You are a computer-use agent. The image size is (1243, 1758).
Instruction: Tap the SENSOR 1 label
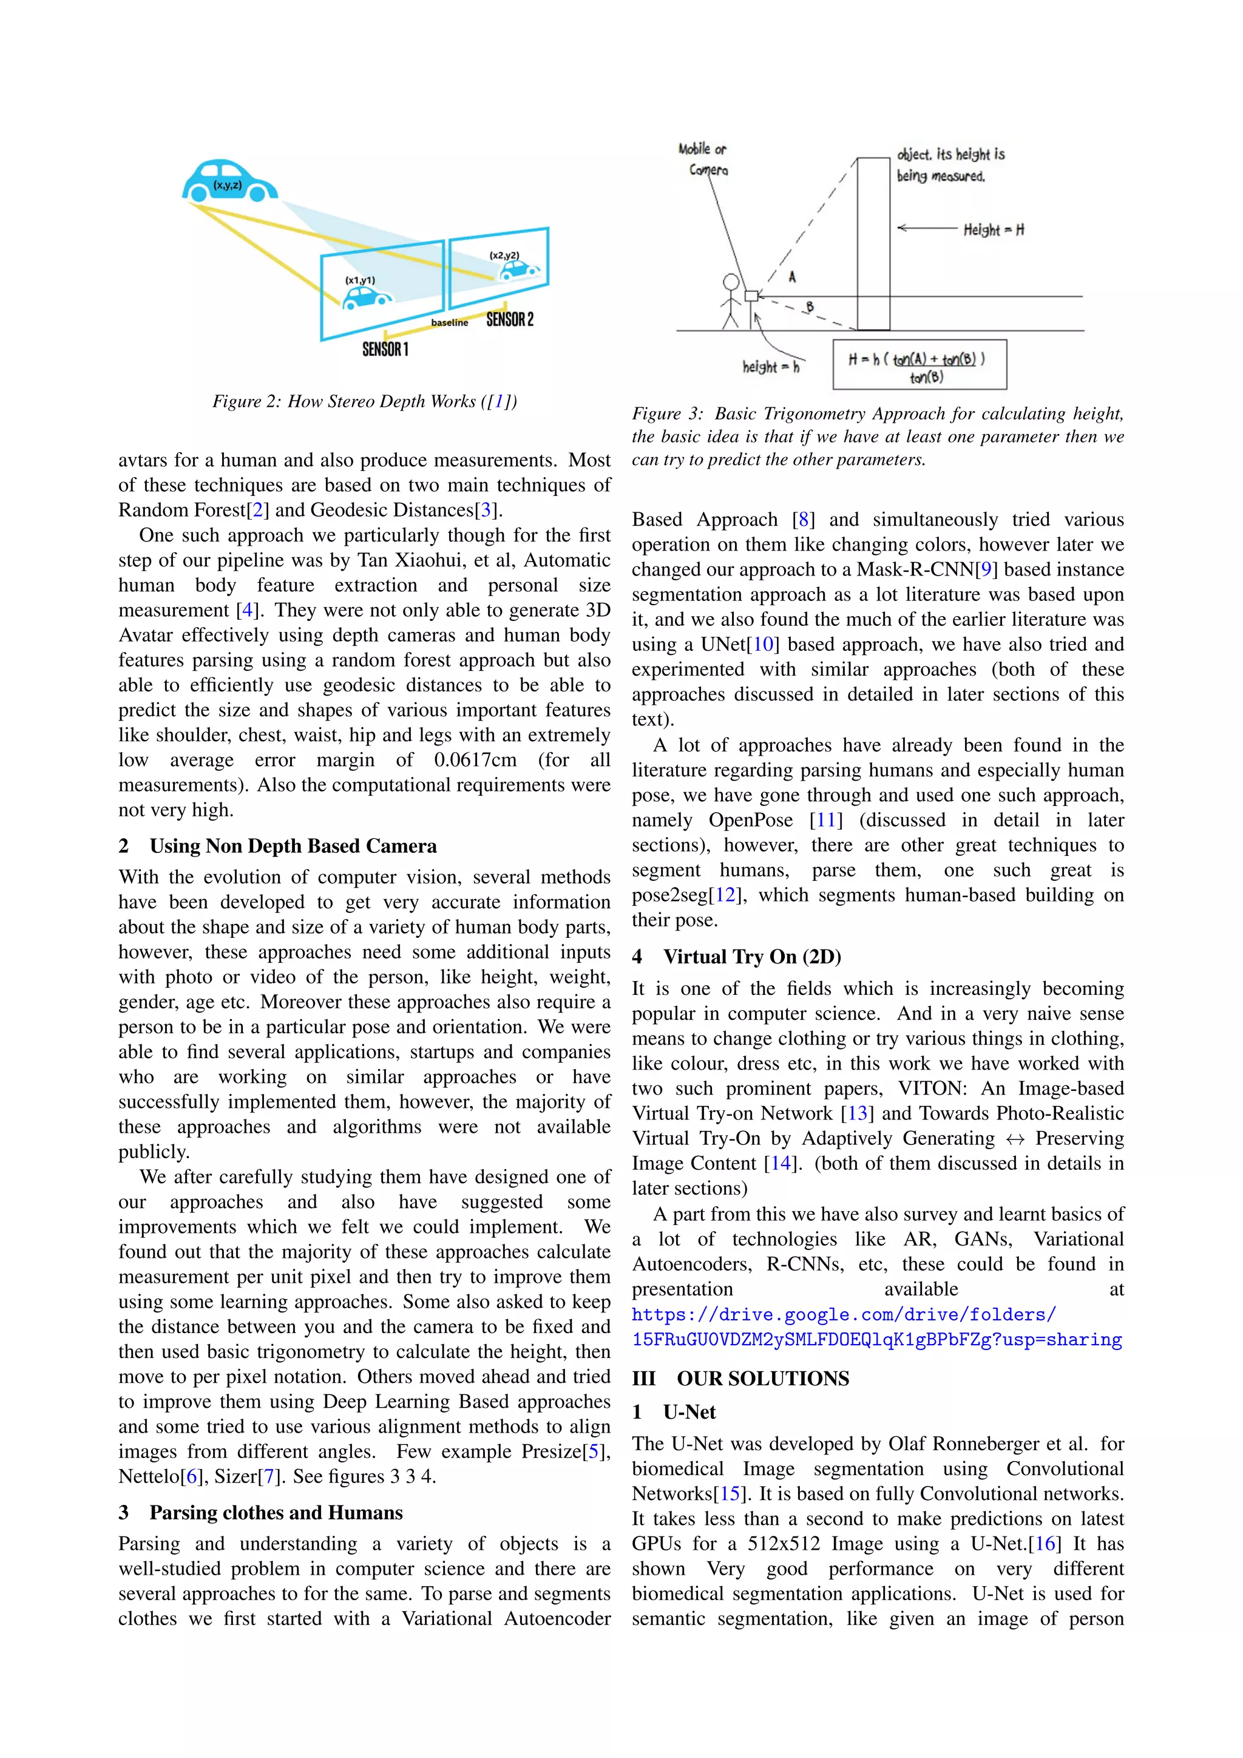[x=385, y=350]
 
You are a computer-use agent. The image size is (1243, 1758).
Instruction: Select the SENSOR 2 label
[x=510, y=319]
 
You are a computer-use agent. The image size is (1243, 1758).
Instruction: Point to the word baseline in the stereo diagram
[x=449, y=323]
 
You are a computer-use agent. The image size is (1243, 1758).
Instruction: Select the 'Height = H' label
[x=993, y=229]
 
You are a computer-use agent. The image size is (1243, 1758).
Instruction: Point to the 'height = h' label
[x=770, y=367]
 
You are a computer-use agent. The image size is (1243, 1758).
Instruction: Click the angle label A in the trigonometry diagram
[x=792, y=277]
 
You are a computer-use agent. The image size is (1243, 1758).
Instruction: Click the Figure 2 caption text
[x=364, y=401]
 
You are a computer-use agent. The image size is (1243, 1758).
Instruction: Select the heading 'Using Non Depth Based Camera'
[x=293, y=846]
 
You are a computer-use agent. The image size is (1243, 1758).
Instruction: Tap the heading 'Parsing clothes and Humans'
[x=276, y=1513]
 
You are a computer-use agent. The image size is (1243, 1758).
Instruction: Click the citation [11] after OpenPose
[x=826, y=820]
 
